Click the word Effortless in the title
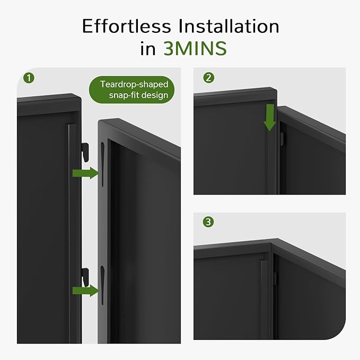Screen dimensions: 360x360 point(127,27)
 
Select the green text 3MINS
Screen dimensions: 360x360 point(195,49)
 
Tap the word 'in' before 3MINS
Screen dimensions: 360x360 point(147,49)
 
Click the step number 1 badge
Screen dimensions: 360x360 point(29,78)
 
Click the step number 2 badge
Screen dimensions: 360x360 point(209,78)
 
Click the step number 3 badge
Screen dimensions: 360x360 point(209,222)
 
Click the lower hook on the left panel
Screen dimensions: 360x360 point(84,276)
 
